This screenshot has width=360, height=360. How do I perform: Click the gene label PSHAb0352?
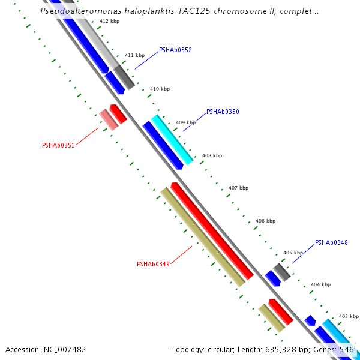click(x=175, y=50)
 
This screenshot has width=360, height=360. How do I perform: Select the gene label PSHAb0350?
click(x=223, y=112)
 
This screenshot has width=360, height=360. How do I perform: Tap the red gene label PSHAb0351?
click(x=58, y=145)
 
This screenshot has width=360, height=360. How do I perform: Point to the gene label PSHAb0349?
click(x=153, y=264)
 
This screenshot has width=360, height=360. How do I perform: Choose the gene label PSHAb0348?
click(x=331, y=243)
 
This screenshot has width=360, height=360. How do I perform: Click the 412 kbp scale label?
click(x=109, y=21)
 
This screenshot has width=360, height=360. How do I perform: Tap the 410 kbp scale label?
click(x=160, y=89)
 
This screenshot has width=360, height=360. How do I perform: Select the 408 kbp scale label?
click(x=212, y=155)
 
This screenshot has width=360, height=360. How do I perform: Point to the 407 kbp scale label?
click(x=238, y=188)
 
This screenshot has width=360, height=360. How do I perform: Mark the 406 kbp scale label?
click(x=265, y=221)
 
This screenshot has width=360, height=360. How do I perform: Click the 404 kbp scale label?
click(x=320, y=284)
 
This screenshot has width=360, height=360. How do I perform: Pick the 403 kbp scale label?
click(x=349, y=316)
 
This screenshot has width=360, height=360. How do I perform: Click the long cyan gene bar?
click(x=172, y=140)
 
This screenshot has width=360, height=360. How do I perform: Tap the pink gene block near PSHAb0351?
click(x=109, y=119)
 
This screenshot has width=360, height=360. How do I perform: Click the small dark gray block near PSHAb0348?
click(x=282, y=272)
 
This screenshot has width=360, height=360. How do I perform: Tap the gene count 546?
click(x=347, y=349)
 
